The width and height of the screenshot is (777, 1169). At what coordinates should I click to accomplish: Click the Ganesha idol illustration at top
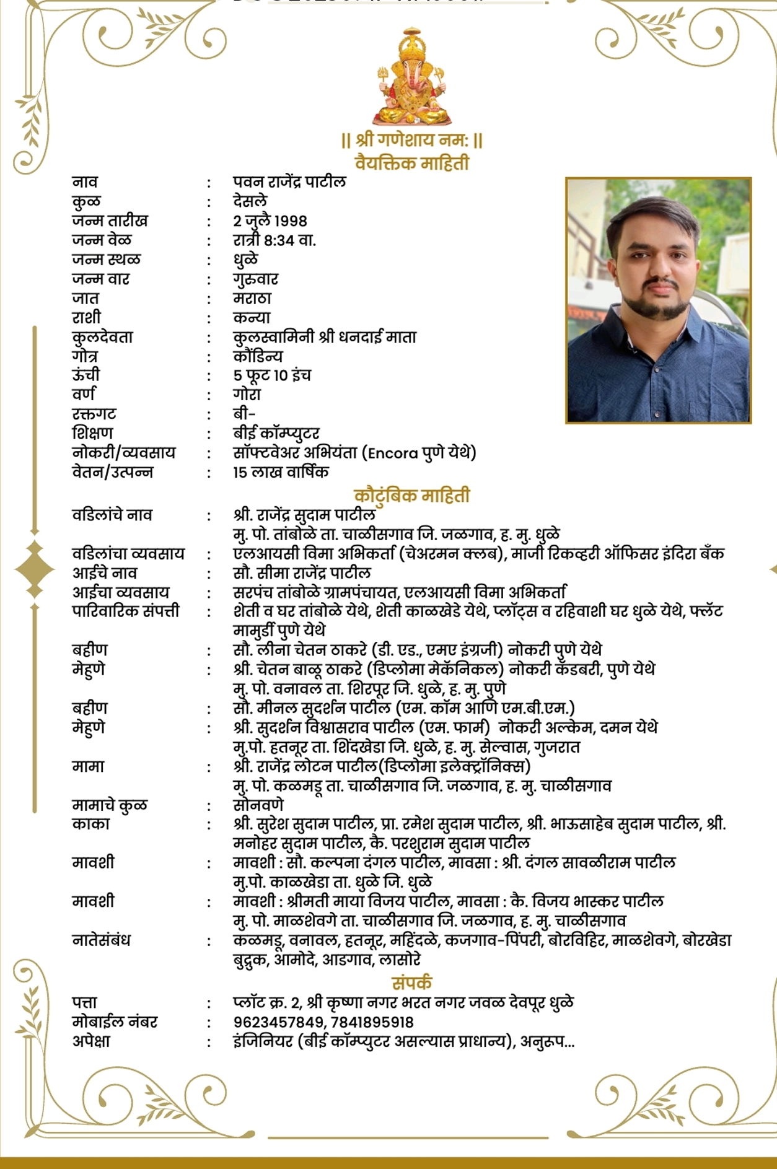click(x=411, y=77)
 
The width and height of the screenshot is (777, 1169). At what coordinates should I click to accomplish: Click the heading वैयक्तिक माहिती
click(x=412, y=163)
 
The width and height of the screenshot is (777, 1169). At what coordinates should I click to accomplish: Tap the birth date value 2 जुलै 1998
click(x=270, y=221)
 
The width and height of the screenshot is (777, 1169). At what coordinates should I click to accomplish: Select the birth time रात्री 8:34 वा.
click(x=274, y=240)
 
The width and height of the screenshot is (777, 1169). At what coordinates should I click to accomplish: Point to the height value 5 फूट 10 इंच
click(x=272, y=375)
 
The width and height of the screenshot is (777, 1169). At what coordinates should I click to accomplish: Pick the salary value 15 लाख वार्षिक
click(x=281, y=472)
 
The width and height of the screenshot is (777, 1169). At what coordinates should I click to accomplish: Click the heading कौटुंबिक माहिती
click(x=412, y=496)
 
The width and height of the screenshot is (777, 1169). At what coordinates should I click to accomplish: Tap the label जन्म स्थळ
click(x=106, y=259)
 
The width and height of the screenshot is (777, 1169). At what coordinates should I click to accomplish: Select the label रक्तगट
click(x=94, y=413)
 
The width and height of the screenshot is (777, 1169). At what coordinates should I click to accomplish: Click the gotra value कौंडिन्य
click(x=258, y=356)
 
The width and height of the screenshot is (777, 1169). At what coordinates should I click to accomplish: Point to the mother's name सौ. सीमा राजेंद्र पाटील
click(x=302, y=572)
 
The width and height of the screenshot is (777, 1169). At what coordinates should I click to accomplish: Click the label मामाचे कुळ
click(x=110, y=805)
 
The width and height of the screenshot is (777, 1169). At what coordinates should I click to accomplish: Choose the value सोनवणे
click(x=258, y=805)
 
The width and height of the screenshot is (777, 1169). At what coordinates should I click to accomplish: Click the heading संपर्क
click(x=412, y=983)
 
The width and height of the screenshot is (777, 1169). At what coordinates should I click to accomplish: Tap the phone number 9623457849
click(x=278, y=1022)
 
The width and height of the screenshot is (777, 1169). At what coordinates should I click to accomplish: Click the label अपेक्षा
click(x=91, y=1041)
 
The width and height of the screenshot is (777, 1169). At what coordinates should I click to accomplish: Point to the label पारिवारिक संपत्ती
click(x=126, y=611)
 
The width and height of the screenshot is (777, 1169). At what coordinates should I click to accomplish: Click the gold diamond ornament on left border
click(x=35, y=568)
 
